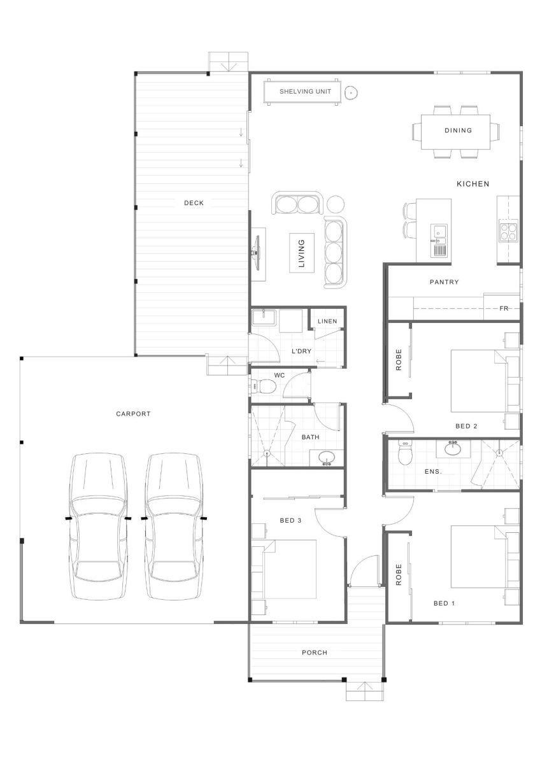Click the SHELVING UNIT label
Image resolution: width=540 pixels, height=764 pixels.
point(305,92)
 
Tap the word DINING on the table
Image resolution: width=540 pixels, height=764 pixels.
point(458,131)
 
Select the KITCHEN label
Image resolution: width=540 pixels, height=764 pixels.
point(472,184)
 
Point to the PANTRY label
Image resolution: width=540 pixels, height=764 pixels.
point(444,282)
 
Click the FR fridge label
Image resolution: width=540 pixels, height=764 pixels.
point(504,308)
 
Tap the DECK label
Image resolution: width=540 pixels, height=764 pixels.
point(194,203)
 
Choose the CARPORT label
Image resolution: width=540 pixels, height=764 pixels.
point(133,414)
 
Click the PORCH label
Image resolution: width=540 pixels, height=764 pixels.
point(314,653)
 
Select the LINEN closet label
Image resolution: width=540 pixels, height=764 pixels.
point(327,322)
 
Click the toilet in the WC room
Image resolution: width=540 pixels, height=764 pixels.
point(264,386)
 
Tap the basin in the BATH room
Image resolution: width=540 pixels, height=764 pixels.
point(327,458)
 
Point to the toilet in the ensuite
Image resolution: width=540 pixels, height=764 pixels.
point(405,452)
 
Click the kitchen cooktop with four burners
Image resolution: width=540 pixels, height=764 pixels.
point(508,232)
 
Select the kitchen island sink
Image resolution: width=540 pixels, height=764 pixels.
point(438,232)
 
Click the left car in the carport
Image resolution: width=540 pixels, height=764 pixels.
point(98,527)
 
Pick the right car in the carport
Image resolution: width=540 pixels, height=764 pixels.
point(174,527)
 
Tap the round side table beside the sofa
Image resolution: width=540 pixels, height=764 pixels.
point(336,204)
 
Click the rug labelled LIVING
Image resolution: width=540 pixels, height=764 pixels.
point(302,253)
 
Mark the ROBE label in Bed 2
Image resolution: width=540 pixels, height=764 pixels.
point(399,360)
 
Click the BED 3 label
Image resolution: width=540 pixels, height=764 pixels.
point(290,521)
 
